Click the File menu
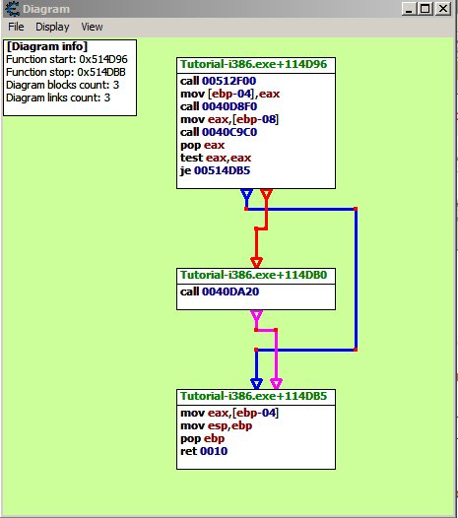coord(16,27)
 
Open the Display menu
coord(52,28)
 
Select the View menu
coord(92,27)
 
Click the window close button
coord(443,9)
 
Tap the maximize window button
coord(425,9)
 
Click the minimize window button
coord(409,9)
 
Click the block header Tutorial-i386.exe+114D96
coord(253,64)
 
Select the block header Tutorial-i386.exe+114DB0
coord(253,275)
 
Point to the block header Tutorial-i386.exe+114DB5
coord(253,396)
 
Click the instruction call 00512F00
coord(218,81)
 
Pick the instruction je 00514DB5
coord(215,170)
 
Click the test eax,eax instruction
coord(216,158)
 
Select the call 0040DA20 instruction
coord(220,291)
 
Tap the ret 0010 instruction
coord(204,451)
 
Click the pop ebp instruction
coord(203,438)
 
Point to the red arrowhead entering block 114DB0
coord(256,262)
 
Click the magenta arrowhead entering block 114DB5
coord(276,383)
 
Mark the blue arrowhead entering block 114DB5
coord(256,383)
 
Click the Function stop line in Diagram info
coord(66,72)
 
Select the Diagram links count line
coord(58,97)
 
